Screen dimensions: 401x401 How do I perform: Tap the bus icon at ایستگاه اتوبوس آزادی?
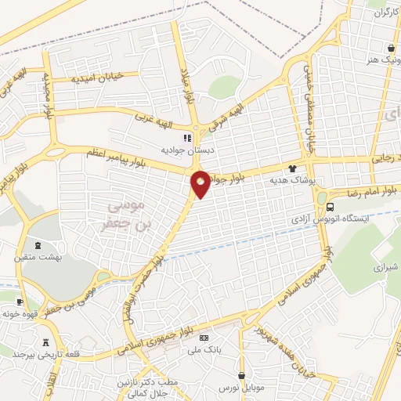click(x=331, y=207)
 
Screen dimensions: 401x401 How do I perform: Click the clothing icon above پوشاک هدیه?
click(x=293, y=168)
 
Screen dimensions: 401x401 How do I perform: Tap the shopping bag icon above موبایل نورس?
click(x=243, y=376)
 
